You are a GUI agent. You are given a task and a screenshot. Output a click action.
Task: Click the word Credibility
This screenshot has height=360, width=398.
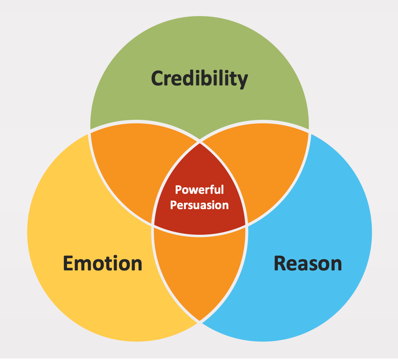click(x=199, y=79)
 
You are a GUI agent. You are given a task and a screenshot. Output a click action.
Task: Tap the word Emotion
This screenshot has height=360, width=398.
click(x=103, y=263)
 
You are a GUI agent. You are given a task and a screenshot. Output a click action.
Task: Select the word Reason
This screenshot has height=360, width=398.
click(x=308, y=263)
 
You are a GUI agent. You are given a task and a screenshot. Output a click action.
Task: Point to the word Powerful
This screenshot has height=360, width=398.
click(x=199, y=190)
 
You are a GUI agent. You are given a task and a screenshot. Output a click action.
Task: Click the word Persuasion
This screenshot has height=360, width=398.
click(x=199, y=205)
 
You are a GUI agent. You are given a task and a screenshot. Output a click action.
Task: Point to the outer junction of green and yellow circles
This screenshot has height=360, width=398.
click(x=90, y=131)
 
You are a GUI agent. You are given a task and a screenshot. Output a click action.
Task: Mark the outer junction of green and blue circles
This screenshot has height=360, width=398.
click(x=309, y=131)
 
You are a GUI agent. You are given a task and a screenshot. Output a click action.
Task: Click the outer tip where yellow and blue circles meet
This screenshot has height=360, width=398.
click(x=199, y=321)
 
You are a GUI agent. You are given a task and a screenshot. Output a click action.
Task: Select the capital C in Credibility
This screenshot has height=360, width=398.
click(x=159, y=79)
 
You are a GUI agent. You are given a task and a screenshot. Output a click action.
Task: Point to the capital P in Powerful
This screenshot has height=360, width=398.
click(x=178, y=190)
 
